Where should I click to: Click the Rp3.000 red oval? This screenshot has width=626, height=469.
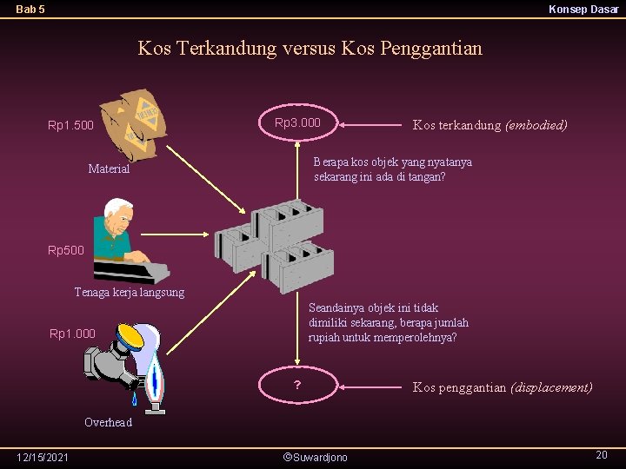click(298, 124)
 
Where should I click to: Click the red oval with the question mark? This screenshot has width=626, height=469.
click(298, 385)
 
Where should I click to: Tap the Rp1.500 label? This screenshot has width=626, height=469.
click(70, 126)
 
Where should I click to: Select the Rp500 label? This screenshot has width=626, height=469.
click(66, 251)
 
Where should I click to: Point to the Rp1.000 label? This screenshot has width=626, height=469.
click(72, 334)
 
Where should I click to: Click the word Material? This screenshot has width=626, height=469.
click(109, 168)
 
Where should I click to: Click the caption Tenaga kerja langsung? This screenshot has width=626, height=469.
click(129, 292)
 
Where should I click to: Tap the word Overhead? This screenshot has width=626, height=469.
click(108, 422)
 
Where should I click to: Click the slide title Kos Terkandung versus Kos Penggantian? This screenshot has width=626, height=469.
click(310, 49)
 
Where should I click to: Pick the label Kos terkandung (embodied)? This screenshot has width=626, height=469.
click(489, 125)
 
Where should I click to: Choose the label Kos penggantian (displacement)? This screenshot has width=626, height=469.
click(503, 387)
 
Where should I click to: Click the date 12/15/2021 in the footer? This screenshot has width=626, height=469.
click(43, 457)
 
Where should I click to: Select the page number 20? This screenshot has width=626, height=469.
click(601, 455)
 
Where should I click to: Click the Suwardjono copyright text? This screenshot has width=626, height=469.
click(315, 457)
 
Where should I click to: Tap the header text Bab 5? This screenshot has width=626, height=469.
click(30, 10)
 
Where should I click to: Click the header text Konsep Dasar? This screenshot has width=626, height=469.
click(583, 10)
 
